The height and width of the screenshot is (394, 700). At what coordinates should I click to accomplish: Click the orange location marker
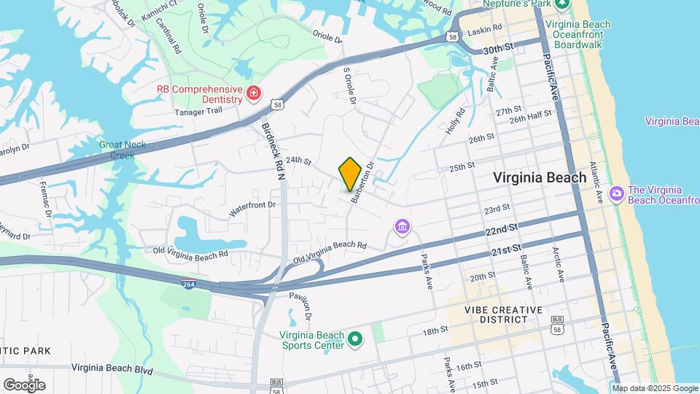click(x=350, y=174)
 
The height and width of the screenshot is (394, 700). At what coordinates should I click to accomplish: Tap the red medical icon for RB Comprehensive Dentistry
click(x=253, y=93)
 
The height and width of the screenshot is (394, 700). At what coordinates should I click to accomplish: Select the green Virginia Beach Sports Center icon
click(x=356, y=339)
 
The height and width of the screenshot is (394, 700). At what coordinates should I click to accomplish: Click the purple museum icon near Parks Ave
click(x=402, y=227)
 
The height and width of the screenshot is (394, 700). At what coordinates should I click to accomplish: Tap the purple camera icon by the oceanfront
click(x=617, y=194)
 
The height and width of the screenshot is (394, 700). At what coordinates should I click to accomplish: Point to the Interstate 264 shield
click(x=189, y=279)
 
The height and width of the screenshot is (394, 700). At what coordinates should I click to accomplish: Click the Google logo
click(x=24, y=385)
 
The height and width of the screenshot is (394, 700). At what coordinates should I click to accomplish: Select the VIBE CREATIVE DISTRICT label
click(x=504, y=314)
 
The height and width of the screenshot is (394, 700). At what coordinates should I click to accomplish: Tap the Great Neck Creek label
click(x=122, y=150)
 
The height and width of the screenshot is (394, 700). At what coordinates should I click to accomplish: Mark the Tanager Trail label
click(x=199, y=112)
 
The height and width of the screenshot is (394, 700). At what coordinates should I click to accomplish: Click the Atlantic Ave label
click(x=596, y=182)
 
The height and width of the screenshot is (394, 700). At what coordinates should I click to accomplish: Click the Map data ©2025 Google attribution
click(x=655, y=388)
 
